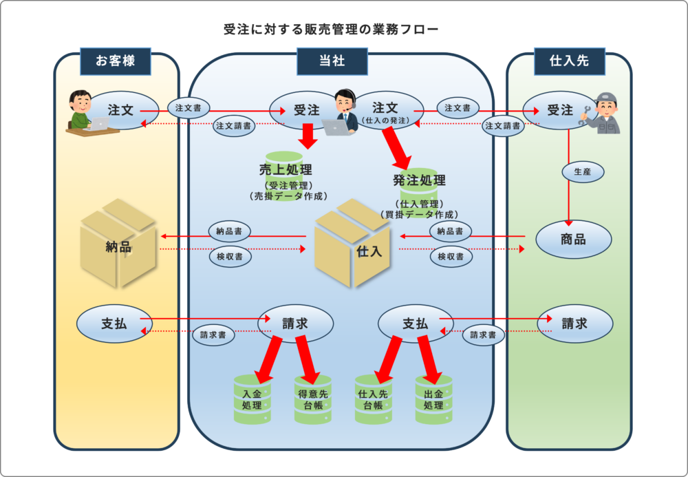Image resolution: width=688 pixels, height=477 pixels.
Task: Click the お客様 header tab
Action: [115, 61]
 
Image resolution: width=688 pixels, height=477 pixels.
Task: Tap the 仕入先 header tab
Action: [569, 61]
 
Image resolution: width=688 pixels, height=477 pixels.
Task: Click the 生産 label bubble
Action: [577, 171]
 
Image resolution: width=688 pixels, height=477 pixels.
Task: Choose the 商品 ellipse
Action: [574, 239]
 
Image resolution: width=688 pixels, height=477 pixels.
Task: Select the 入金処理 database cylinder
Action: [252, 399]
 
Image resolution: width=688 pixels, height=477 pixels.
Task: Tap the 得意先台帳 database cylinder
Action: [313, 399]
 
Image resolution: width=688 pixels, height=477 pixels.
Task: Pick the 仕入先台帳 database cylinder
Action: [374, 399]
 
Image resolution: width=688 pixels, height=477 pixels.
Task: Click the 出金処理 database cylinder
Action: [434, 399]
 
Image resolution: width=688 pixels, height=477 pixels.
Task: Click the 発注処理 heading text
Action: [419, 181]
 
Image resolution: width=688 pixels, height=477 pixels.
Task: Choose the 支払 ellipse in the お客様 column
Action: [114, 324]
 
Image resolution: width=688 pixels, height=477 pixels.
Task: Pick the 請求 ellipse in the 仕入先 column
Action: [574, 324]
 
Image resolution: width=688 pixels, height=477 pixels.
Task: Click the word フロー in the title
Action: [419, 30]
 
